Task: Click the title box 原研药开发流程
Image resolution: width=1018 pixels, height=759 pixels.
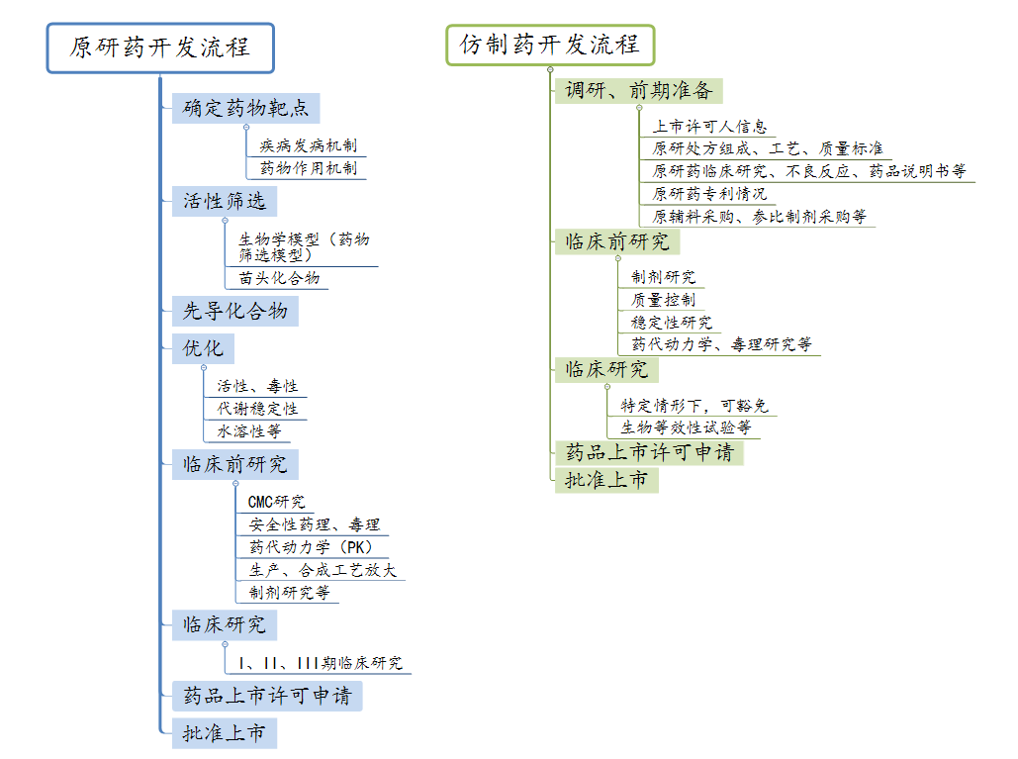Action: tap(160, 48)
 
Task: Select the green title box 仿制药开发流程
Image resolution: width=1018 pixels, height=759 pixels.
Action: tap(550, 45)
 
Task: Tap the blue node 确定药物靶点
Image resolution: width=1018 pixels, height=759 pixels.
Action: tap(246, 108)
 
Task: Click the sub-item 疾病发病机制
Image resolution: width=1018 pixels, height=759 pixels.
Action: tap(309, 145)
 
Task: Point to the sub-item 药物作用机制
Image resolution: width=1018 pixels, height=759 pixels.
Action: tap(309, 168)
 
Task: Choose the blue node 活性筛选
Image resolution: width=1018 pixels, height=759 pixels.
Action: tap(225, 201)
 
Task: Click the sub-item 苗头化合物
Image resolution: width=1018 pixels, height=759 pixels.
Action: tap(279, 278)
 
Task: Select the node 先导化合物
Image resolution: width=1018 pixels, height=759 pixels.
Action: tap(235, 311)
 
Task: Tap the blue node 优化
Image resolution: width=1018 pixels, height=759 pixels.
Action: tap(203, 348)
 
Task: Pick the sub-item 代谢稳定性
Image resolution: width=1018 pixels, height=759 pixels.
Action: tap(257, 409)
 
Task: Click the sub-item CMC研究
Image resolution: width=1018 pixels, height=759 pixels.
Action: tap(277, 502)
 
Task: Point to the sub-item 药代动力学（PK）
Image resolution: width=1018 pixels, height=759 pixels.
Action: tap(311, 547)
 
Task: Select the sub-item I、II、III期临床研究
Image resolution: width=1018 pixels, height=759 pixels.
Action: tap(321, 663)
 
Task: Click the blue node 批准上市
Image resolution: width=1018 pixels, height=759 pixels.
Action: tap(225, 733)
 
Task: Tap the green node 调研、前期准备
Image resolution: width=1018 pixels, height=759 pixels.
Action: tap(639, 91)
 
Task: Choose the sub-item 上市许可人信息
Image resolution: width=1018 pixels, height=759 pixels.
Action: tap(709, 127)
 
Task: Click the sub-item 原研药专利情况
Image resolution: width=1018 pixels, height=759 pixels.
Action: tap(709, 194)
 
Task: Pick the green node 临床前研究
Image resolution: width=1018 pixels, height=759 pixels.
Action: tap(617, 242)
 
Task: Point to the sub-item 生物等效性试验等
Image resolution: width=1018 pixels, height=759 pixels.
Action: tap(686, 427)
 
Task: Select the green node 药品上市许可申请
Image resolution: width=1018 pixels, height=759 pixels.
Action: tap(649, 452)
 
